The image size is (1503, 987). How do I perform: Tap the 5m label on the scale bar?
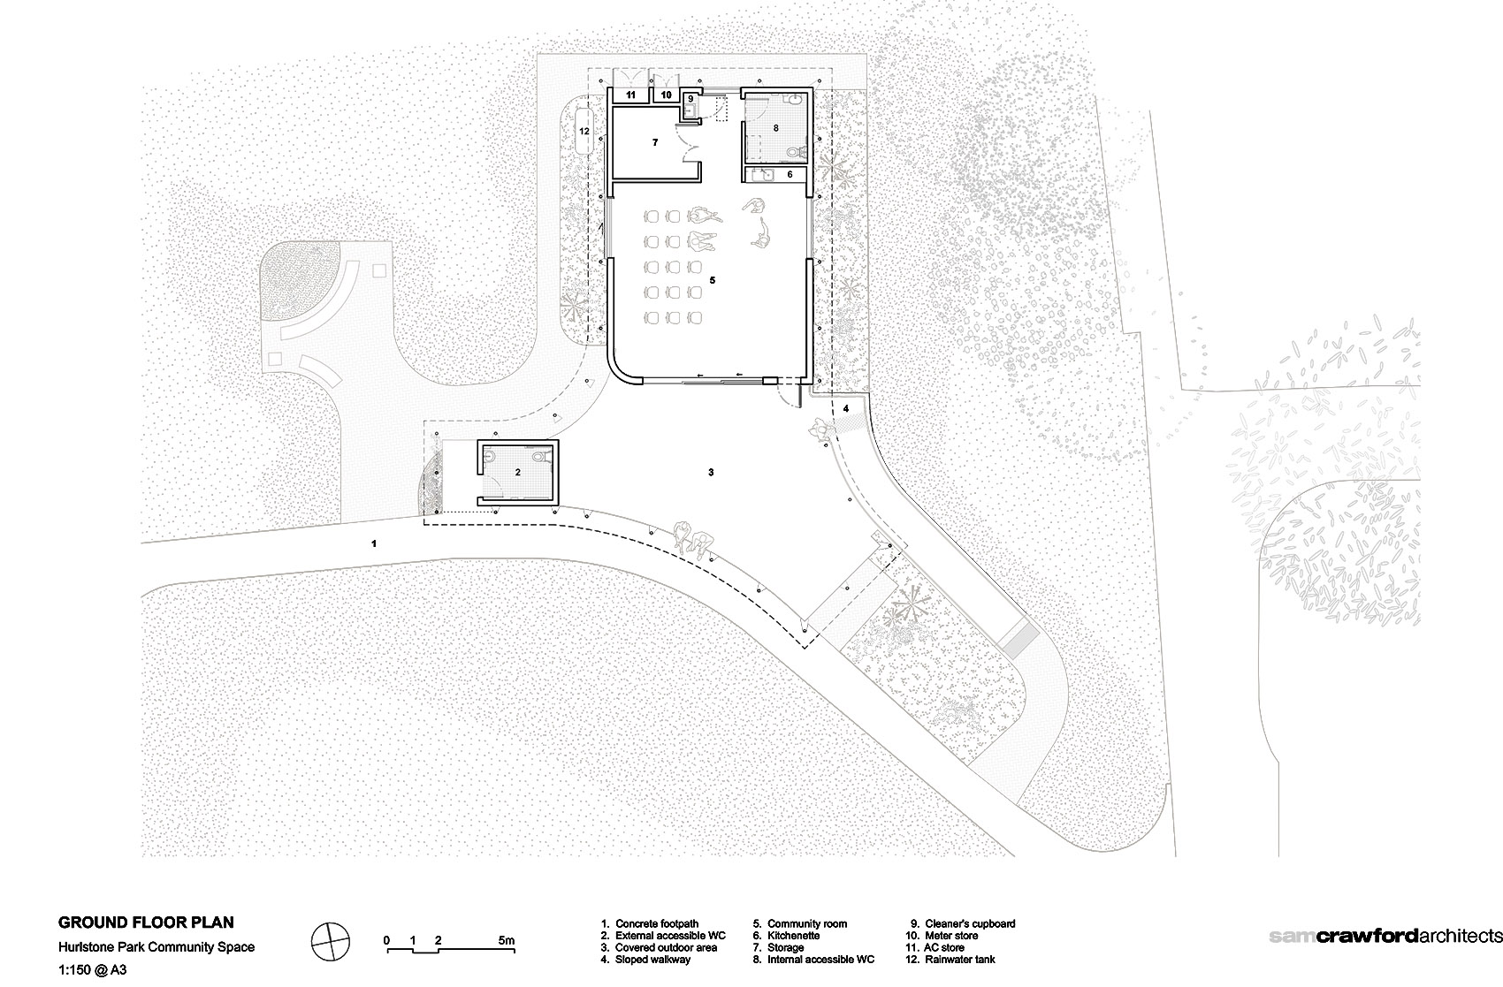506,940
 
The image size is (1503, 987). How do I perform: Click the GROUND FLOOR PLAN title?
146,922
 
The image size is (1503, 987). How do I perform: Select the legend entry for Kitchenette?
793,936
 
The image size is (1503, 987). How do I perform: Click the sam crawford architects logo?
1385,936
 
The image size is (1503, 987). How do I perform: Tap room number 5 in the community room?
712,280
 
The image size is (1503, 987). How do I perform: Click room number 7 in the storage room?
655,141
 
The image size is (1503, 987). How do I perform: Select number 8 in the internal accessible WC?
775,128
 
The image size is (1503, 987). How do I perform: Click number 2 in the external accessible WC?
518,474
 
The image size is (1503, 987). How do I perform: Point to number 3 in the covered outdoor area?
711,473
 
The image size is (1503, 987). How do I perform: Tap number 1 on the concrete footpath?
375,543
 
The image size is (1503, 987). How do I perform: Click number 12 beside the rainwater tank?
584,131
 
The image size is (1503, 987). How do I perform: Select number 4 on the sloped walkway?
845,408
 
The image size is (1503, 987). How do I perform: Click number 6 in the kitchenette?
790,175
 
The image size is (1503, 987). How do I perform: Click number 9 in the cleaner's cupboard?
690,98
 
